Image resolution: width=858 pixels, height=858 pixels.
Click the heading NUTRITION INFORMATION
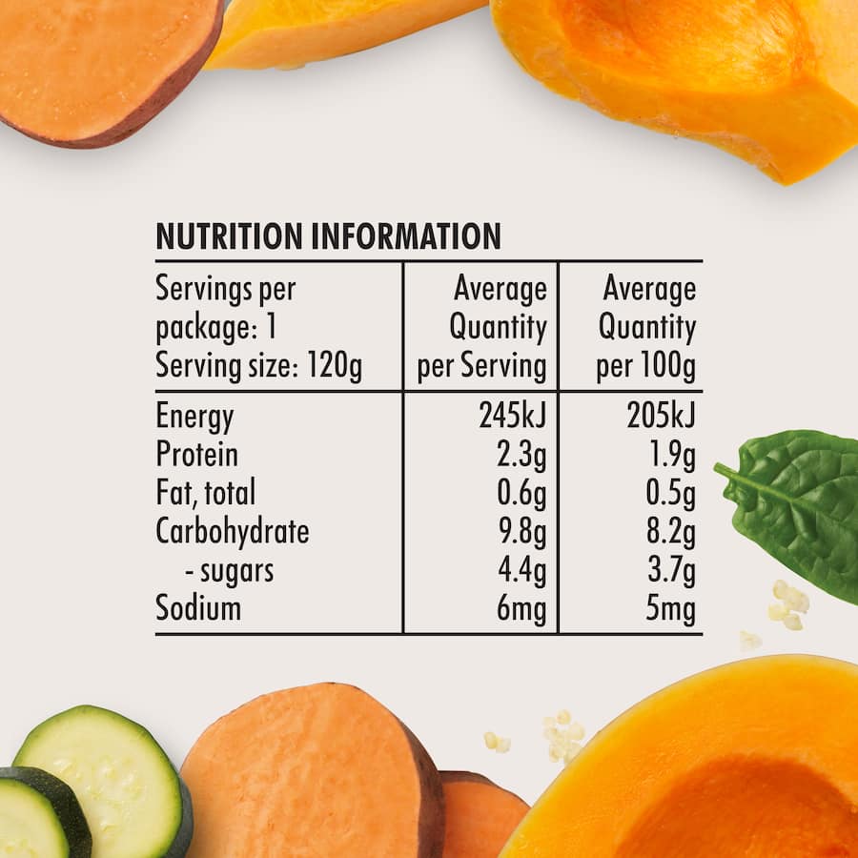click(x=328, y=235)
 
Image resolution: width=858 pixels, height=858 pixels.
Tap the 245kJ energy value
click(x=513, y=417)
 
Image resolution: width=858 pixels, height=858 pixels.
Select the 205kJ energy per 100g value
click(x=661, y=417)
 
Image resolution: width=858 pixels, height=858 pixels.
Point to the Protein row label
click(x=196, y=455)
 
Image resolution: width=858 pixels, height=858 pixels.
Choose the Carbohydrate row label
click(x=233, y=532)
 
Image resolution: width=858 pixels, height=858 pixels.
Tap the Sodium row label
click(x=198, y=608)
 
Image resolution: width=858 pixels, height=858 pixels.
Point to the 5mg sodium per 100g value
click(x=670, y=608)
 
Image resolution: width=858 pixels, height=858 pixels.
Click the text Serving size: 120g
click(x=258, y=367)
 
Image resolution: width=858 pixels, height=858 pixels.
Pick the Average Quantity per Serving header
click(x=482, y=328)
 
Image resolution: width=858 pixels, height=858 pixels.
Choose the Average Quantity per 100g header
click(x=646, y=328)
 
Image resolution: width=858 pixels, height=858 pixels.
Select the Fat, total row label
click(x=205, y=494)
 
